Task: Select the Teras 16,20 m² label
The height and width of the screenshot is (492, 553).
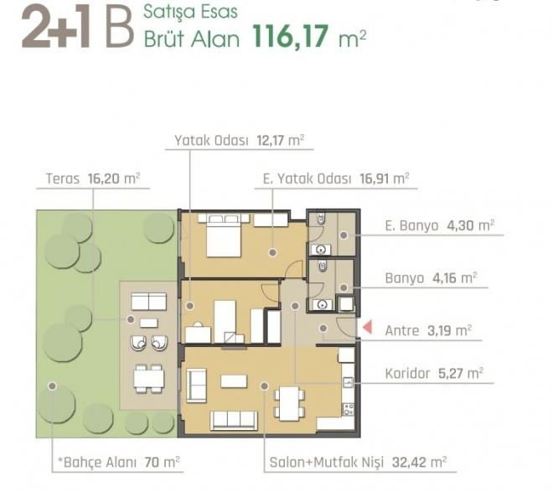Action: [93, 178]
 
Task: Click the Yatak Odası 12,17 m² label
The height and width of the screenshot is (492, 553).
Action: [239, 140]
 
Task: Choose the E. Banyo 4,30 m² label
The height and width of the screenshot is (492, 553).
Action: [439, 225]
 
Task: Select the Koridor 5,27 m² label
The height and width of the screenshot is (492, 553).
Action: [433, 374]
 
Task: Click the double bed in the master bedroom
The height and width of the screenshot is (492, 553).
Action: [224, 235]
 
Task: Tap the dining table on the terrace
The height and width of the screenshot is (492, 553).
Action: [149, 379]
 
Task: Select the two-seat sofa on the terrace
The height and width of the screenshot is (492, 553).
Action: [150, 303]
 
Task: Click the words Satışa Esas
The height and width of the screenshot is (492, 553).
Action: [190, 13]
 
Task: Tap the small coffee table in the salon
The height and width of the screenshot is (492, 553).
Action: [234, 381]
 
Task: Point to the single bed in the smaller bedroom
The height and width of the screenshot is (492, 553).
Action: [225, 319]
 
